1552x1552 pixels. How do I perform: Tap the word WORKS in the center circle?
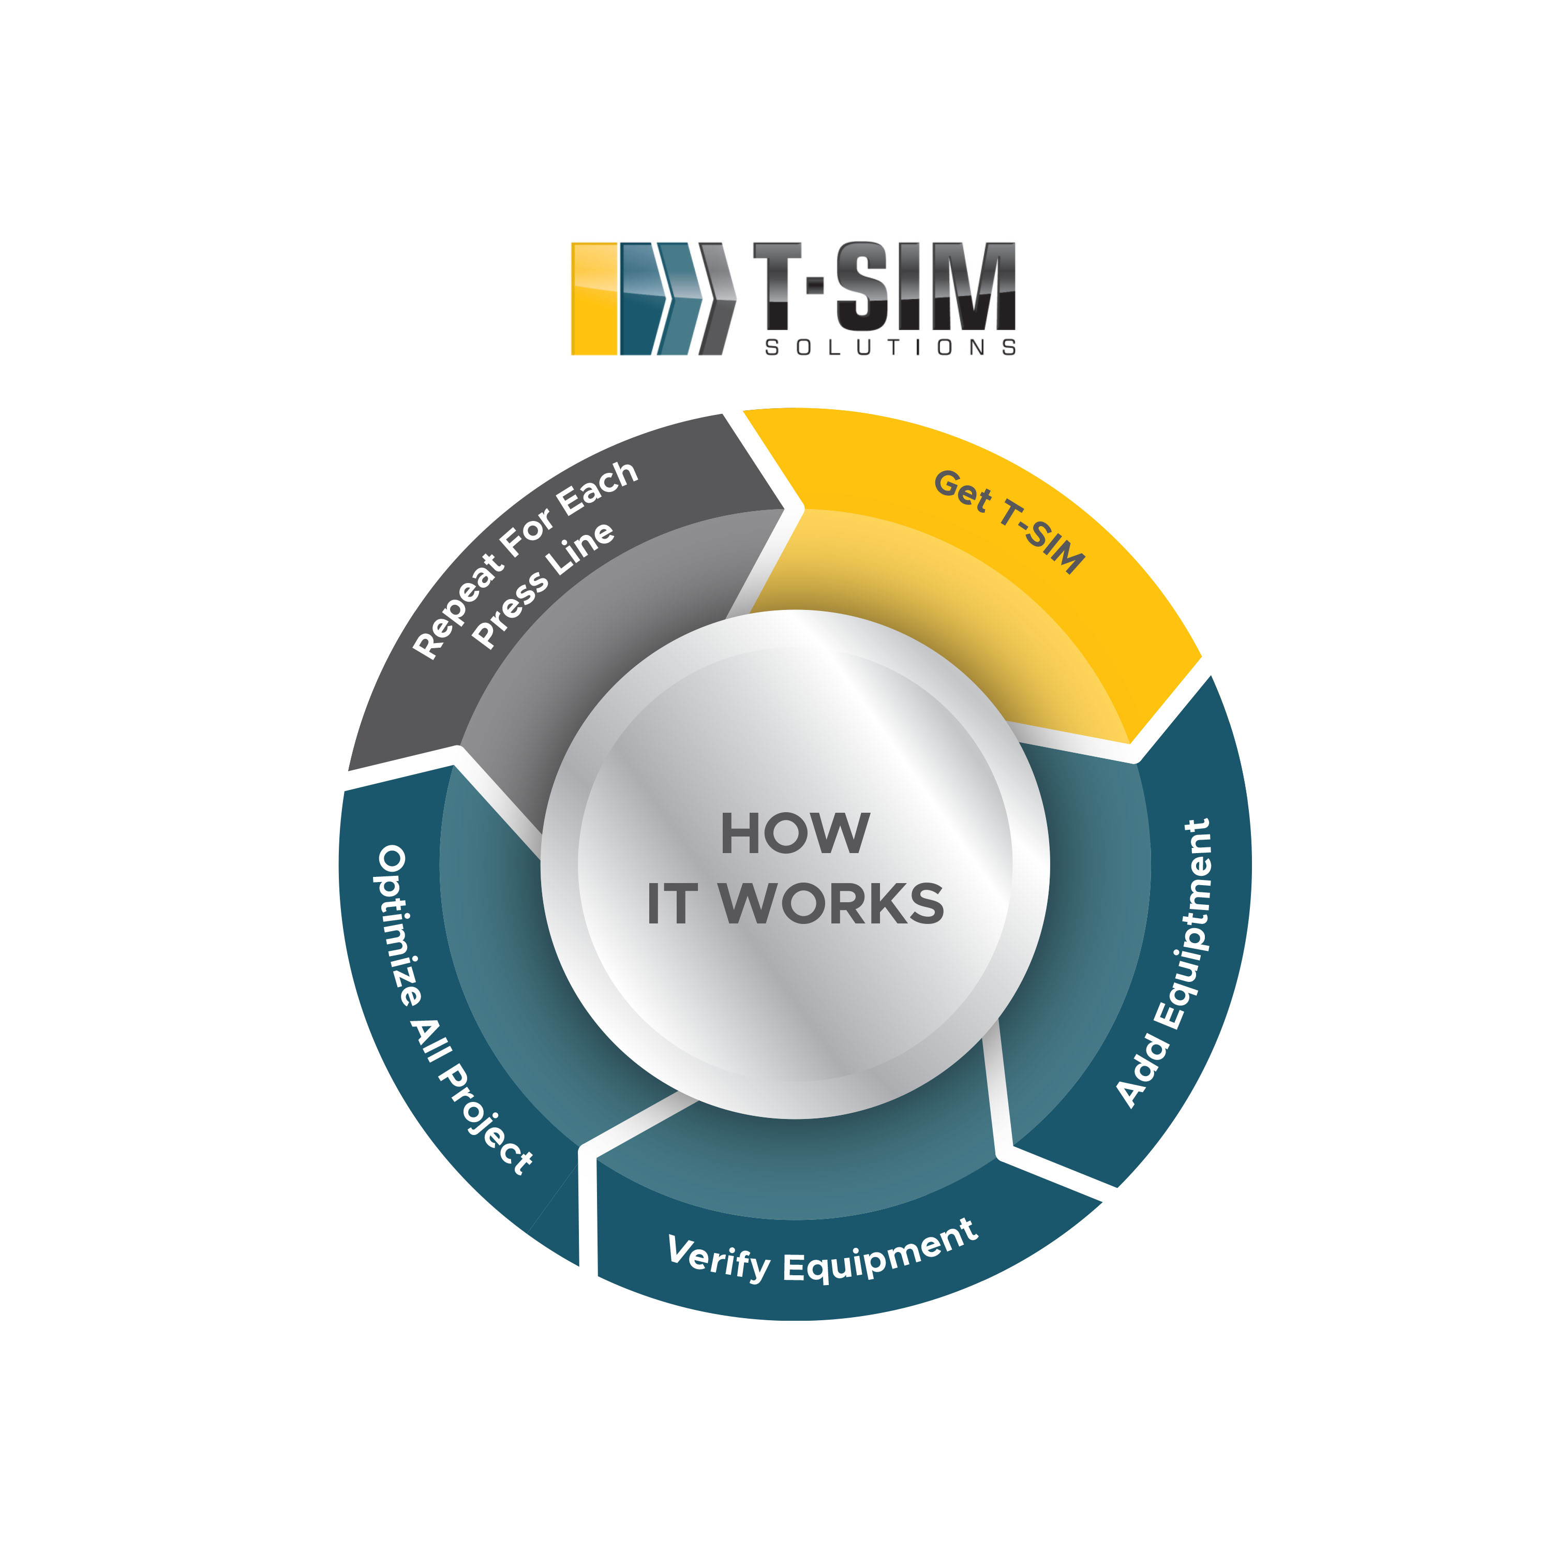coord(831,904)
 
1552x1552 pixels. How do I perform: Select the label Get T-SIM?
coord(1009,522)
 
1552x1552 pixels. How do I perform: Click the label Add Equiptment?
coord(1166,963)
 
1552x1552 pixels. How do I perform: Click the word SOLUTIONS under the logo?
coord(890,348)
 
